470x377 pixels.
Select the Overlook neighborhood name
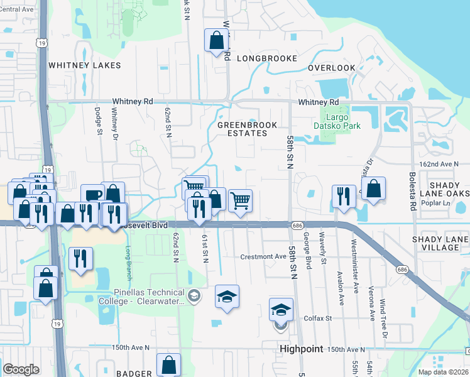pos(331,68)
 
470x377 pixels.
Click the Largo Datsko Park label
pos(342,122)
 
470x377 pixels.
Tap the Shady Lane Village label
pos(440,243)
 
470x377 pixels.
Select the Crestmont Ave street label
pos(263,256)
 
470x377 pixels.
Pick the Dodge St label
pos(99,121)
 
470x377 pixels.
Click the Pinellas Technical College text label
pos(141,297)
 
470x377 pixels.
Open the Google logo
pos(21,369)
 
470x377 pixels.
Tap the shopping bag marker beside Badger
pos(169,364)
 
